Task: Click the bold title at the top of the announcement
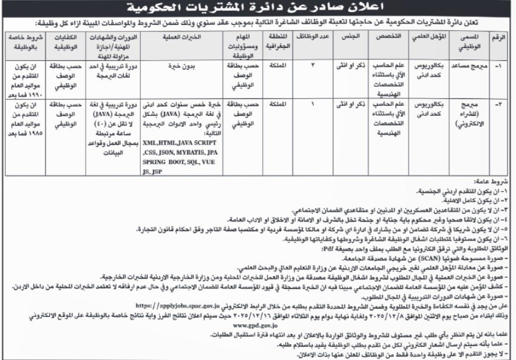click(x=257, y=9)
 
